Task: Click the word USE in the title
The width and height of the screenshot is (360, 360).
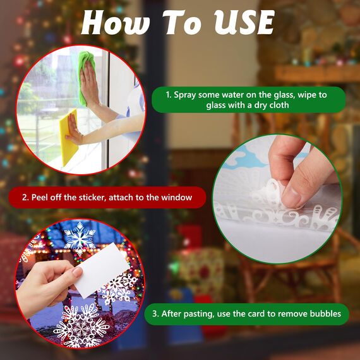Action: pos(244,22)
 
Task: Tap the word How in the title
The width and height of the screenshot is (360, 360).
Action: pos(116,22)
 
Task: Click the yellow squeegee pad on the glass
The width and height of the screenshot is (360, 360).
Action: pos(68,137)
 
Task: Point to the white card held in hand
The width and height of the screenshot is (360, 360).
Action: pos(101,270)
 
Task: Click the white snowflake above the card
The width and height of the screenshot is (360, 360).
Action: pos(80,238)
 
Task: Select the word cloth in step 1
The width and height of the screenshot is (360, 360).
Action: pos(279,105)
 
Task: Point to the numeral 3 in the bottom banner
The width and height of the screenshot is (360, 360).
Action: pos(155,314)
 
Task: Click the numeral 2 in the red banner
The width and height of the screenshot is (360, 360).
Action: pos(25,198)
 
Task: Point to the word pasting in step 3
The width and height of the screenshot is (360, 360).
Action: pos(198,314)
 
